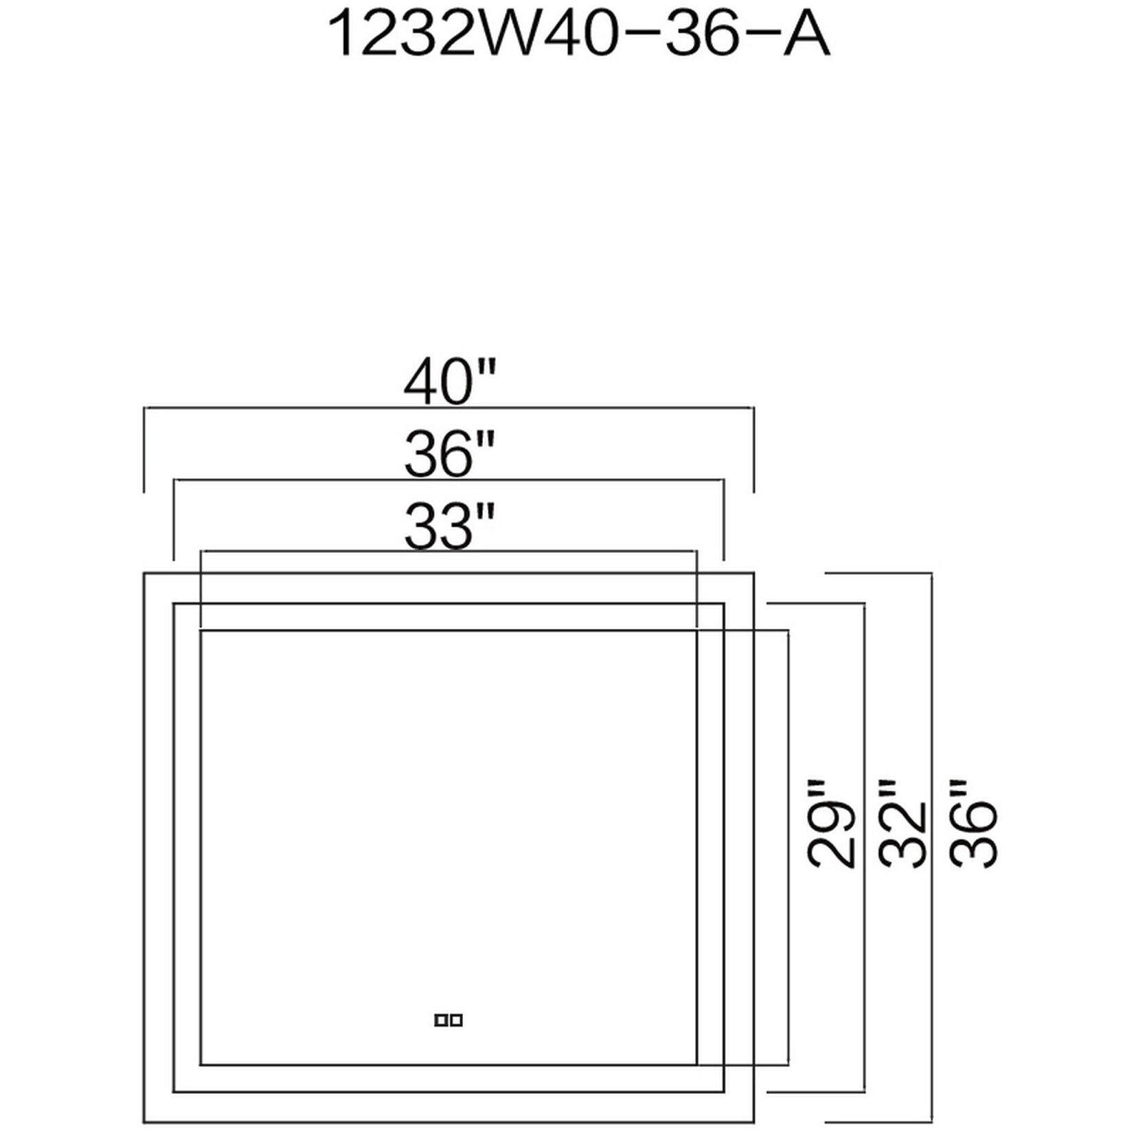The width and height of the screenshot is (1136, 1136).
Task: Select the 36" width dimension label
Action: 448,454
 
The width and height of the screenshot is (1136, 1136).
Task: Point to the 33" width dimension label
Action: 448,527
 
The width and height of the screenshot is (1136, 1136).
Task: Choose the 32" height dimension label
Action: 902,824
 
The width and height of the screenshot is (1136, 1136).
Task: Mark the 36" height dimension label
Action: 973,824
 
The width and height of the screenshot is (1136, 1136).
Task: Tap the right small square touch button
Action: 457,1021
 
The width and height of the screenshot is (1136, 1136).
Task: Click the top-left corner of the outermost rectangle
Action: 144,573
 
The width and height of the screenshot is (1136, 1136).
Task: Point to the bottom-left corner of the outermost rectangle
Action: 144,1124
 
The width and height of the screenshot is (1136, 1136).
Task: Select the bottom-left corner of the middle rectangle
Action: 174,1091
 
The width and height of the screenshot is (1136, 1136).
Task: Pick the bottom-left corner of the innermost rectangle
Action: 200,1065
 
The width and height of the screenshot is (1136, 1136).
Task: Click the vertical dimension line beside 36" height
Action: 932,687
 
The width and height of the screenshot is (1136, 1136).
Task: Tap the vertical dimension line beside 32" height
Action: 863,687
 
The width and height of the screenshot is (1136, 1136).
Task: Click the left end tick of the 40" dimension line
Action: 144,450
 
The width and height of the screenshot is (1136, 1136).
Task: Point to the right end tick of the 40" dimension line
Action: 754,450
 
